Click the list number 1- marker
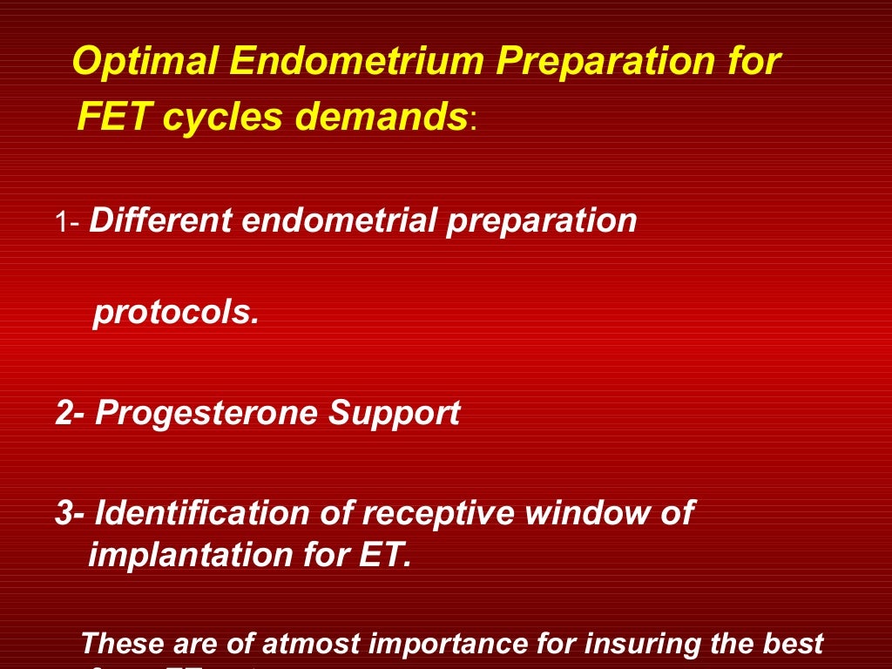click(x=68, y=223)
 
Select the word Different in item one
click(x=160, y=221)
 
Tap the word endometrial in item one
click(x=341, y=221)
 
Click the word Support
click(x=394, y=413)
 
